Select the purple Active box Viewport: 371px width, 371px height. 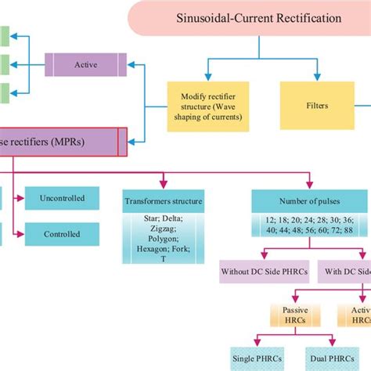[x=85, y=65]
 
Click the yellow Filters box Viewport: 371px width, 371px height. [x=317, y=106]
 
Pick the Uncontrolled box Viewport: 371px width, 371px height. [x=62, y=198]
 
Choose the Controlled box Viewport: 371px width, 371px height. [x=62, y=234]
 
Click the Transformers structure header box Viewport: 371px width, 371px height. [x=163, y=201]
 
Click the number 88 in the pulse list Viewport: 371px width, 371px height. [x=348, y=232]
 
